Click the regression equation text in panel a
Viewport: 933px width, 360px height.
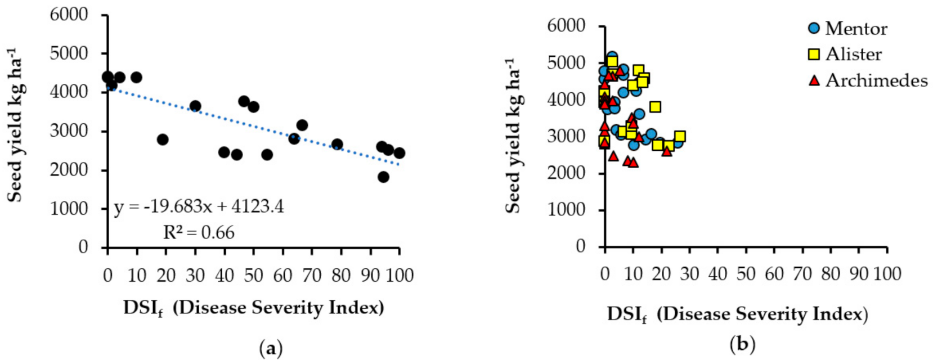point(199,206)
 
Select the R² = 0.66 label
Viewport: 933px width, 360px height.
point(199,232)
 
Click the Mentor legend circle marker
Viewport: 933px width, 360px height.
point(814,28)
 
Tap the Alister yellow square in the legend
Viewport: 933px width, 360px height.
point(814,54)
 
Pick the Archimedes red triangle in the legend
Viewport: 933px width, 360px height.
point(814,80)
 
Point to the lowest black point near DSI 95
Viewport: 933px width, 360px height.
point(383,177)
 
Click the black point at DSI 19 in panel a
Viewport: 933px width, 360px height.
point(163,139)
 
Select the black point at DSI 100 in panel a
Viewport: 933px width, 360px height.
point(399,153)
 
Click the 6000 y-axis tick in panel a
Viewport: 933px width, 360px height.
point(69,14)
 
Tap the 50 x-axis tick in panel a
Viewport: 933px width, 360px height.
point(253,276)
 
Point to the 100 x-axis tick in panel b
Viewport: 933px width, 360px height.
point(886,274)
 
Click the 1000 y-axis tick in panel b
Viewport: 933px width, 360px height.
point(566,209)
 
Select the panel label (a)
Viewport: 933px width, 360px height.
point(271,348)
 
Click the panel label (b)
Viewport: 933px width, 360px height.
point(742,343)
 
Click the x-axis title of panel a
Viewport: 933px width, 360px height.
point(253,308)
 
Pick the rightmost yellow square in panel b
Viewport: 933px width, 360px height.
point(680,137)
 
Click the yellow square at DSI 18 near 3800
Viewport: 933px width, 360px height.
point(655,107)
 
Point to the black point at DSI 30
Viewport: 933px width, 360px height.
point(195,106)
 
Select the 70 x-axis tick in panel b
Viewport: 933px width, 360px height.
point(802,274)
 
